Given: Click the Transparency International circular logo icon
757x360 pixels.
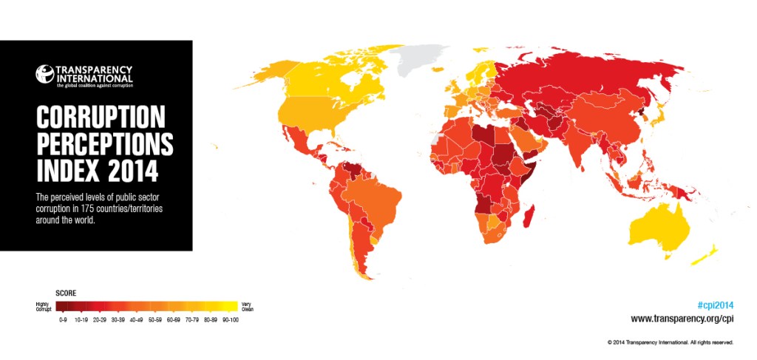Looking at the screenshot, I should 46,74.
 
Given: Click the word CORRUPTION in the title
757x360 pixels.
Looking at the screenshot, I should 100,116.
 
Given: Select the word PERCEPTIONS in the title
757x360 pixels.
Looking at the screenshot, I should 104,143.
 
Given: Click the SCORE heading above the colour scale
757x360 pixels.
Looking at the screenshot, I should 66,293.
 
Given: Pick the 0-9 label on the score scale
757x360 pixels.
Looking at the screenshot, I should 63,320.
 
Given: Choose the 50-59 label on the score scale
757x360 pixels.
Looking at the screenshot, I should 155,320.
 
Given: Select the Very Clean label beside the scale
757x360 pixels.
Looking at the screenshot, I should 247,306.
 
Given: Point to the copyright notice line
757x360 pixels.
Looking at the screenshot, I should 670,342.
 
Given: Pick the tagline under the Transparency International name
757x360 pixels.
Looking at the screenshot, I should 95,86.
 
